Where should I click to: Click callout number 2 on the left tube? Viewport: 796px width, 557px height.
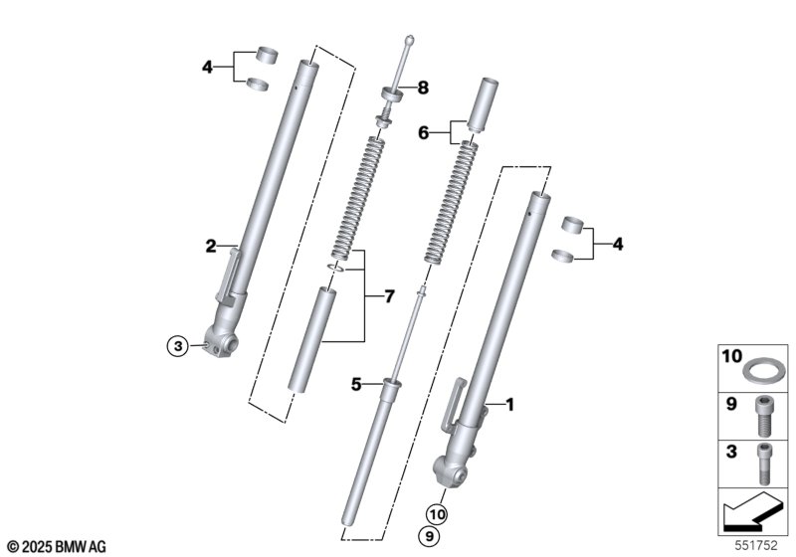tap(211, 246)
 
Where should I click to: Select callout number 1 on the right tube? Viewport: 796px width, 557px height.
tap(510, 404)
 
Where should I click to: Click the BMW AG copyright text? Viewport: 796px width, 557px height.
tap(55, 546)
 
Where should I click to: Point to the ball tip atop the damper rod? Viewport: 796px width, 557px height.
tap(409, 41)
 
